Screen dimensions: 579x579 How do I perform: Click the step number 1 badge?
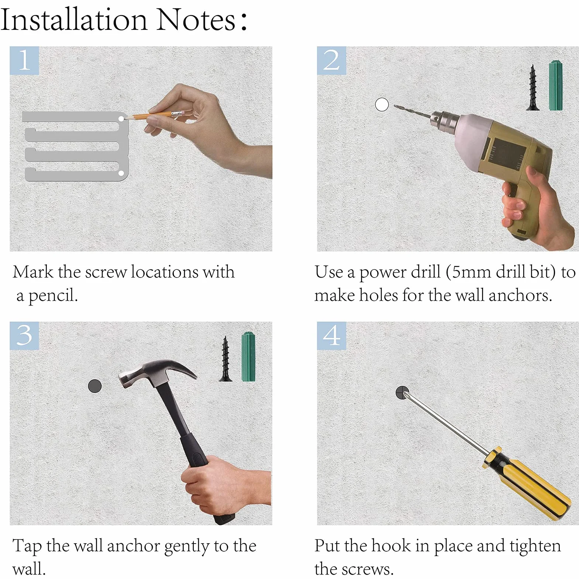point(24,61)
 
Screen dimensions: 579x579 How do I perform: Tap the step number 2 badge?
point(331,61)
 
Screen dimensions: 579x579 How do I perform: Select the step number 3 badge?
point(24,336)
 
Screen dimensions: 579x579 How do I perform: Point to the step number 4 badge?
point(331,336)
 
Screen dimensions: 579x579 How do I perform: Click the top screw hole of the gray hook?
point(121,118)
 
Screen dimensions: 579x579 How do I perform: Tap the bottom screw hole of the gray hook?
point(121,173)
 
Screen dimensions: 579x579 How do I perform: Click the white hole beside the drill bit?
point(382,105)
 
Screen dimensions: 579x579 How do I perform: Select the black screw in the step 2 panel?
point(532,87)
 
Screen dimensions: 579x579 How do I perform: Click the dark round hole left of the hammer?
point(95,386)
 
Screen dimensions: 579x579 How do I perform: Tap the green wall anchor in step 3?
point(248,356)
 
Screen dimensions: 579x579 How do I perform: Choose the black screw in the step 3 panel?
point(225,359)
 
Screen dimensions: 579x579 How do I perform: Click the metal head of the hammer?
point(155,373)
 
